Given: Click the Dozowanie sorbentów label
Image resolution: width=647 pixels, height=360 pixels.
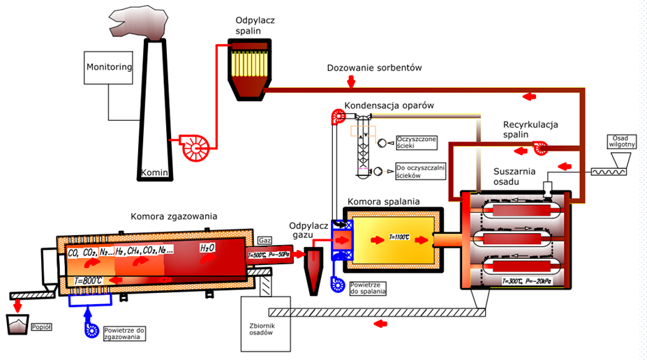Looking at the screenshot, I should click(x=375, y=68).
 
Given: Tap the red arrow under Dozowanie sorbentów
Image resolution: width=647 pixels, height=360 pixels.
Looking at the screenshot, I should click(x=351, y=82).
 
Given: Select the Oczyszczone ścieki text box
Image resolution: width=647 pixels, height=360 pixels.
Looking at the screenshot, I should click(x=416, y=143).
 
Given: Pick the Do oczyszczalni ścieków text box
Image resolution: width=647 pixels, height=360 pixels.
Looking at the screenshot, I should click(x=419, y=171).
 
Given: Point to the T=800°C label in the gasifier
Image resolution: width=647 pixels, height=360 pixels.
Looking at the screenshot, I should click(x=89, y=280).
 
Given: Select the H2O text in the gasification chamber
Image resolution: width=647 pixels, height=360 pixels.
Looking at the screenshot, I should click(x=207, y=248).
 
